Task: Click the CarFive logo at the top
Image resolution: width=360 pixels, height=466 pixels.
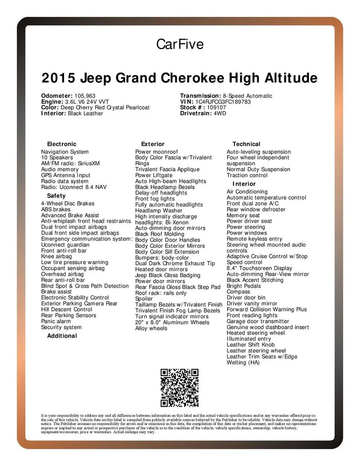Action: click(180, 44)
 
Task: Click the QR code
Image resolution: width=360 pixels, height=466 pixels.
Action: click(180, 388)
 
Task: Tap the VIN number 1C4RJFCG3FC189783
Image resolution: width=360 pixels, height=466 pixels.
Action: click(223, 102)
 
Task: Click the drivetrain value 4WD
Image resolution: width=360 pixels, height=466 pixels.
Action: click(220, 114)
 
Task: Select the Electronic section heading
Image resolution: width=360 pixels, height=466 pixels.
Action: click(62, 144)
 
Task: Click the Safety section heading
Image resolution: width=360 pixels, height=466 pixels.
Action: click(56, 196)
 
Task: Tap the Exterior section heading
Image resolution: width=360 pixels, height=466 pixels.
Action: click(153, 144)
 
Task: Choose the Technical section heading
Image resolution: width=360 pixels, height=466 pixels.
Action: click(246, 144)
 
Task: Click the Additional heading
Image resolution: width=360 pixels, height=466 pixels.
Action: click(62, 336)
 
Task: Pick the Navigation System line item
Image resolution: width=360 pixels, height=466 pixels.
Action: click(65, 152)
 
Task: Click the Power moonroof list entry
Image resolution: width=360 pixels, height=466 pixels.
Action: click(157, 152)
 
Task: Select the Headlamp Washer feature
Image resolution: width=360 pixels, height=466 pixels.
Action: click(159, 211)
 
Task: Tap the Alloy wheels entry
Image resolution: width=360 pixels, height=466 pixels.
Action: click(151, 328)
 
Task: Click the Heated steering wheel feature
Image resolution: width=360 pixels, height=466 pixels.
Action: click(255, 333)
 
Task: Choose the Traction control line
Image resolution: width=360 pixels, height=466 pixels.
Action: click(247, 175)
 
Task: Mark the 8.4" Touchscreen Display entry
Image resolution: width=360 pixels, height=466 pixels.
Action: click(259, 268)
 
